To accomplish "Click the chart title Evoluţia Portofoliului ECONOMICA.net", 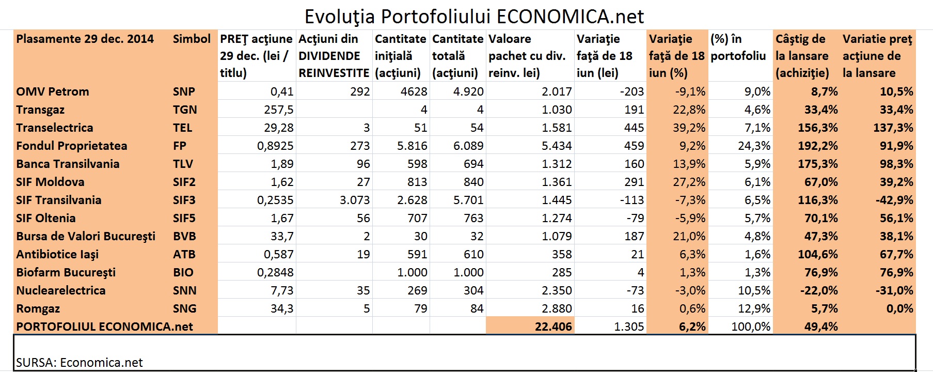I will tap(474, 17).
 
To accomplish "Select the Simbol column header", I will tap(192, 39).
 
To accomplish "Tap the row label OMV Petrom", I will tap(53, 92).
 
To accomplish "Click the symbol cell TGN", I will tap(185, 110).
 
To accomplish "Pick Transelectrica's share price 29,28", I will tap(278, 128).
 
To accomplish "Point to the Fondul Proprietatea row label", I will tap(72, 146).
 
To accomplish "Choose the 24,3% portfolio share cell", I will tap(754, 146).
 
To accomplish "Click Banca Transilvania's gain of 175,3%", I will tap(817, 164).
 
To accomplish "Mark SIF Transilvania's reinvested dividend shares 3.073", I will tap(355, 200).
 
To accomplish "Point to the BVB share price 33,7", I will tap(282, 237).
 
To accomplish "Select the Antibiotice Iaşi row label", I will tap(57, 255).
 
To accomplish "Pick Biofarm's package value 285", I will tap(561, 273).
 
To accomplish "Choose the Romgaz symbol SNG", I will tap(185, 309).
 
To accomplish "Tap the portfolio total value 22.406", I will tap(553, 327).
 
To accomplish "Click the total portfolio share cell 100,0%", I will tap(751, 327).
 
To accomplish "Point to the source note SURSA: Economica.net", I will tap(80, 363).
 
